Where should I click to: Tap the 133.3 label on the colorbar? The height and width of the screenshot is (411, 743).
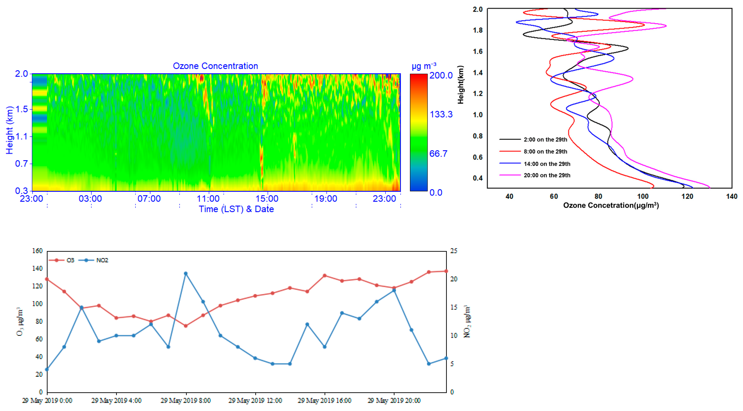coord(441,115)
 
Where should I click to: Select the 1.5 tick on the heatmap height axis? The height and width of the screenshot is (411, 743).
coord(22,109)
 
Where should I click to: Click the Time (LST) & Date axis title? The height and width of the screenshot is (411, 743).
coord(236,209)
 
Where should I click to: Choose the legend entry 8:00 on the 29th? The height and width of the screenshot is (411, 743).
coord(545,151)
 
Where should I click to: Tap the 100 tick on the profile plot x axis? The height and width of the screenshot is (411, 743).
coord(643,196)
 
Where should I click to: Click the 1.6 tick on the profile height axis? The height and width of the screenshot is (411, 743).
coord(478,51)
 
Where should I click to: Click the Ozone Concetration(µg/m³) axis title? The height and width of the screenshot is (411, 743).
coord(611,205)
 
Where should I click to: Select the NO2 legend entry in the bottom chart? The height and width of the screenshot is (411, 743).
coord(102,260)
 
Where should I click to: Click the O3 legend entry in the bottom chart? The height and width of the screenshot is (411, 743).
coord(70,260)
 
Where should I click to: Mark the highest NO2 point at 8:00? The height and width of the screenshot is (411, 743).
coord(186,273)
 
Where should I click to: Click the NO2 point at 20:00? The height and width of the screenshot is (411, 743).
coord(394,290)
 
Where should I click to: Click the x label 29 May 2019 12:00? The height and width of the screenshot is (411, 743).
coord(255,400)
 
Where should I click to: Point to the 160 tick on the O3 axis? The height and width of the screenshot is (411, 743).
coord(37,251)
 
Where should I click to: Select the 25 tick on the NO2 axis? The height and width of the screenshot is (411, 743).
coord(453,251)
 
